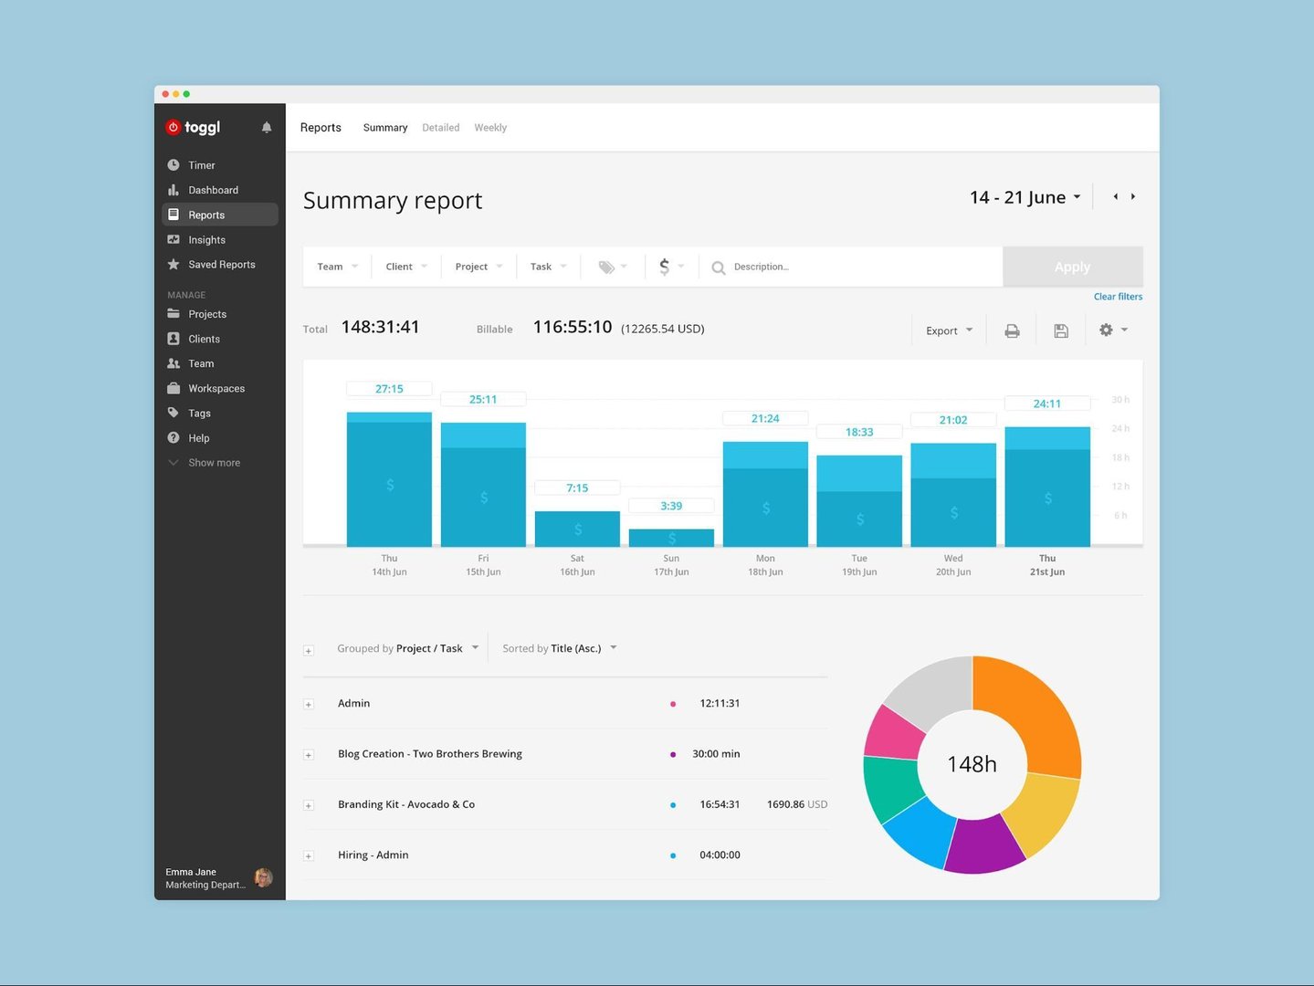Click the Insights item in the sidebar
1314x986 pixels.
[206, 240]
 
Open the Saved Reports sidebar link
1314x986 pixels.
[221, 265]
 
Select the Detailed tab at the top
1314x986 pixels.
[440, 128]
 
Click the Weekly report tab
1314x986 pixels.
[490, 128]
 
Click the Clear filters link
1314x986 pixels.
[1118, 297]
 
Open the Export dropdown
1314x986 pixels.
[949, 330]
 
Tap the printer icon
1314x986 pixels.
[1012, 330]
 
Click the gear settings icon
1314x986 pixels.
[1107, 330]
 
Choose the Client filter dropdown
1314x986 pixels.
[405, 267]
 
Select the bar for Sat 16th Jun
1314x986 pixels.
[577, 529]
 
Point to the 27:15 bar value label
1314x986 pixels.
[389, 389]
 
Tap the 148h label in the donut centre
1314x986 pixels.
[972, 764]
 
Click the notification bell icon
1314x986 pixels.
[267, 128]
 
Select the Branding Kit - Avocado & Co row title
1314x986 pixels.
[406, 804]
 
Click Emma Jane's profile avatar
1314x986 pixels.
[263, 878]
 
